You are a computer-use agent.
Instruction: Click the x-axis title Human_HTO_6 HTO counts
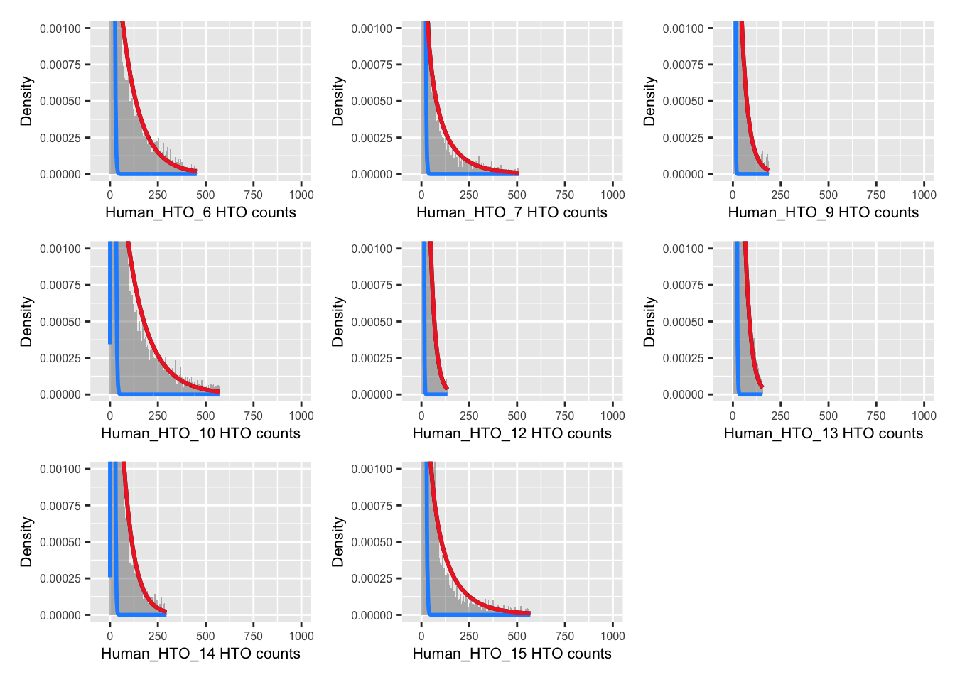[200, 212]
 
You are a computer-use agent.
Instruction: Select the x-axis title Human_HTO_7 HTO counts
[512, 212]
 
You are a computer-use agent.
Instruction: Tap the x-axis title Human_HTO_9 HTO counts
[823, 212]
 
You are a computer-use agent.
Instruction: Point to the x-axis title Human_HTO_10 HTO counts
[200, 433]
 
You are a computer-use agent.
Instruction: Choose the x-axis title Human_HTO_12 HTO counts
[512, 433]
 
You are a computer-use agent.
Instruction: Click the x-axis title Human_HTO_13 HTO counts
[823, 433]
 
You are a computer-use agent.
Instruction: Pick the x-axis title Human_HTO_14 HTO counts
[200, 654]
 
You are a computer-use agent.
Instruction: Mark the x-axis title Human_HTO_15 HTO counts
[512, 654]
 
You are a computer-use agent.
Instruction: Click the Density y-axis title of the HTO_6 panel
[27, 101]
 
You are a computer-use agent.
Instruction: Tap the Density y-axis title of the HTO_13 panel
[649, 321]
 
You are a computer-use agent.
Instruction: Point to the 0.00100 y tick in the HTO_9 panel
[683, 28]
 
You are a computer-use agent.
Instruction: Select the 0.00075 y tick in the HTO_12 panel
[372, 285]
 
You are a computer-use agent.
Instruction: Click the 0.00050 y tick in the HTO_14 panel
[60, 542]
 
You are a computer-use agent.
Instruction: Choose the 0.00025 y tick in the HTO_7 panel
[372, 138]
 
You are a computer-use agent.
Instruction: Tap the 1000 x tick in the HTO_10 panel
[301, 416]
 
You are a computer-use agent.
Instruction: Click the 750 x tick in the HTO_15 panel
[565, 636]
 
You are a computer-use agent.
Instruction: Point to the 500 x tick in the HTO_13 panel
[829, 416]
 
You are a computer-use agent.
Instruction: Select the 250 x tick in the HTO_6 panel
[158, 195]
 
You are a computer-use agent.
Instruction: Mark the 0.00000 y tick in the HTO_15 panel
[372, 615]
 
